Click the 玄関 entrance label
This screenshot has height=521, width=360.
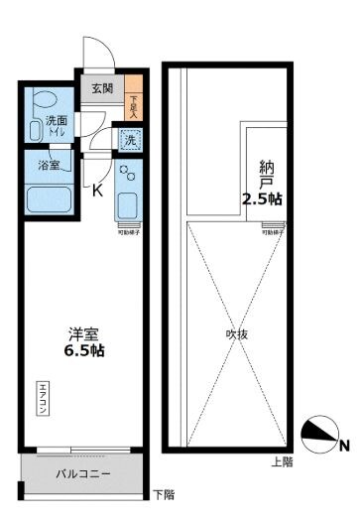102,88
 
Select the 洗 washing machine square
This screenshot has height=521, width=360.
130,140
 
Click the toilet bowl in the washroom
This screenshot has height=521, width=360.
43,101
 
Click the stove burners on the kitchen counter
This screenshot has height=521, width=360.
128,175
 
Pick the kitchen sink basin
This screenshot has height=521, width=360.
129,206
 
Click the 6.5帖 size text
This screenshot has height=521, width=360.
83,351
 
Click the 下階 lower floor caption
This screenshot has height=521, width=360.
164,493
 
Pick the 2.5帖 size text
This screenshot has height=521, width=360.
262,198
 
